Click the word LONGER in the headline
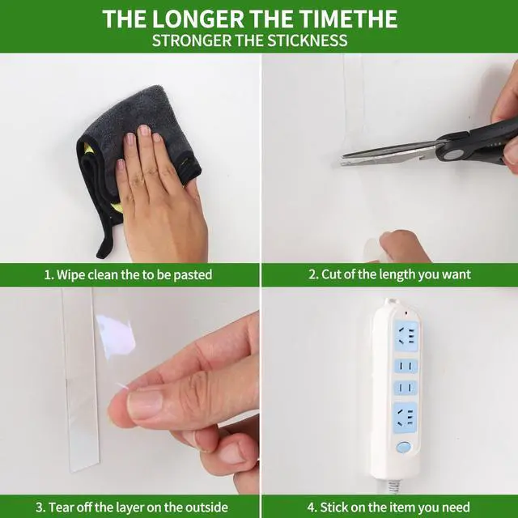197,19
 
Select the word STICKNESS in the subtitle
308,40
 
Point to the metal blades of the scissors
390,155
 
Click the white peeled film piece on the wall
117,336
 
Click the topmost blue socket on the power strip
406,336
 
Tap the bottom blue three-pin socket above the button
405,418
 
